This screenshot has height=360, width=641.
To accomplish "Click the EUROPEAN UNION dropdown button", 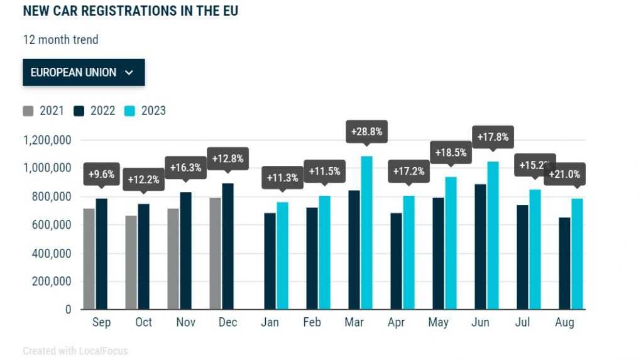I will [84, 72].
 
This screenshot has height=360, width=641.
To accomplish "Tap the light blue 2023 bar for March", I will [366, 232].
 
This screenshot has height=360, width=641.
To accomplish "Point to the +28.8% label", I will [366, 133].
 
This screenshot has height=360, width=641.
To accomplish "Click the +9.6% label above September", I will [101, 174].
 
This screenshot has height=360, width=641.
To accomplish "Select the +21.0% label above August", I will [564, 174].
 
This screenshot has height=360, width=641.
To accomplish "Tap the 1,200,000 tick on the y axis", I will [48, 140].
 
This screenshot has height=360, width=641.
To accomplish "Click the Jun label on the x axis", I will [480, 322].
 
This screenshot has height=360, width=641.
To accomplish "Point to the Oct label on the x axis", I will [143, 322].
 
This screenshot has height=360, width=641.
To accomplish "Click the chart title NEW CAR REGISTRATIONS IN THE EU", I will [131, 11].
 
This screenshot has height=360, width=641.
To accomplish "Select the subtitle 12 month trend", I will [60, 40].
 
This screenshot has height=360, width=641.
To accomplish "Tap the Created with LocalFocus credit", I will [75, 351].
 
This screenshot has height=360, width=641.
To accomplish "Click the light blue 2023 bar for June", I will [493, 235].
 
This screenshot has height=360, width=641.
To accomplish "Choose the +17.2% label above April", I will [408, 171].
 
